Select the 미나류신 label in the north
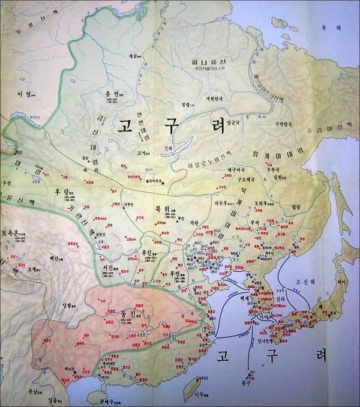point(204,62)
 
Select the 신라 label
point(262,298)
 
